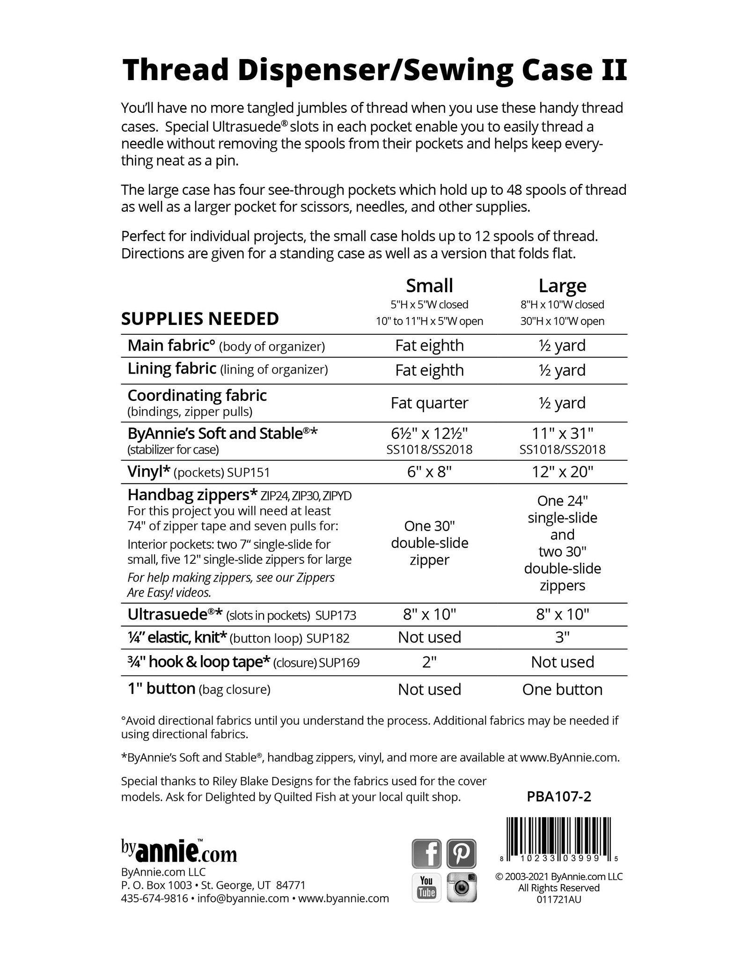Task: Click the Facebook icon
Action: click(x=426, y=854)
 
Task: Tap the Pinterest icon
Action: click(x=462, y=854)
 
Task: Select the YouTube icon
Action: click(x=426, y=887)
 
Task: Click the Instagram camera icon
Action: click(x=462, y=887)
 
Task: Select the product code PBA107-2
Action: click(x=559, y=797)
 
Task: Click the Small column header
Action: click(x=429, y=286)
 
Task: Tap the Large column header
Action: click(x=562, y=286)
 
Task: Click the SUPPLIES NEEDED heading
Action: click(x=200, y=319)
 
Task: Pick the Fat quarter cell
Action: click(x=429, y=403)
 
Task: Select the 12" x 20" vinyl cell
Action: click(x=562, y=472)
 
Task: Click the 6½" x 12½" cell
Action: click(x=429, y=433)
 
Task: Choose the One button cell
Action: click(x=562, y=689)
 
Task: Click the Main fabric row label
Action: click(x=171, y=346)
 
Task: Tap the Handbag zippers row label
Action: click(x=192, y=494)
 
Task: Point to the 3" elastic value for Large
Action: click(x=562, y=637)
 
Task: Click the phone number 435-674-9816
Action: click(x=154, y=898)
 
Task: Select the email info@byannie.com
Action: click(x=243, y=898)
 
